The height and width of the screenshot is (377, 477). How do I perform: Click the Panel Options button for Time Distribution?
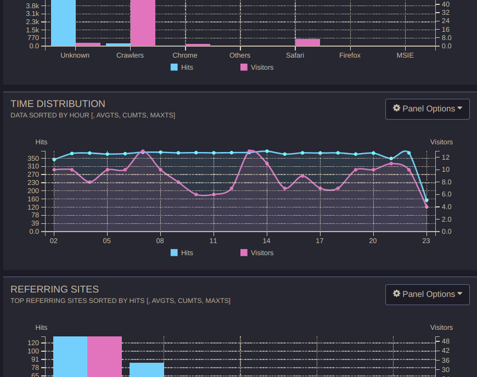pyautogui.click(x=427, y=109)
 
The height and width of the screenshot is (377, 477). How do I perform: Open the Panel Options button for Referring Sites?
pyautogui.click(x=427, y=294)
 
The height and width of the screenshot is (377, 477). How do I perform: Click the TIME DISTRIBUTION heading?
pyautogui.click(x=58, y=104)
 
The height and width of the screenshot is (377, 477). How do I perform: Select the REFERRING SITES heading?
pyautogui.click(x=54, y=289)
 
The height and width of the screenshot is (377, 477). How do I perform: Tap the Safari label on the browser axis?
pyautogui.click(x=295, y=55)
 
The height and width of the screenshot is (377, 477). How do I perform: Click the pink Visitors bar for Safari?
pyautogui.click(x=307, y=42)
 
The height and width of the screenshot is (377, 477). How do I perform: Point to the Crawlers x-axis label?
pyautogui.click(x=130, y=55)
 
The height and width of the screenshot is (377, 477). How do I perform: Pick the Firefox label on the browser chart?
pyautogui.click(x=350, y=55)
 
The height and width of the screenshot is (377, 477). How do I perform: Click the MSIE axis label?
pyautogui.click(x=405, y=55)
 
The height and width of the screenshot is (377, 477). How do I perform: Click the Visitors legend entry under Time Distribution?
pyautogui.click(x=257, y=253)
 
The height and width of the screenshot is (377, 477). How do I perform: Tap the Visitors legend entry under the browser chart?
pyautogui.click(x=257, y=67)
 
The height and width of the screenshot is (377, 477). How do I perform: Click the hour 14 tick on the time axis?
pyautogui.click(x=267, y=241)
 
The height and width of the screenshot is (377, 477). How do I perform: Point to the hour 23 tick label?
pyautogui.click(x=427, y=241)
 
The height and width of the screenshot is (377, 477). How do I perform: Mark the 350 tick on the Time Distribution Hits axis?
pyautogui.click(x=33, y=158)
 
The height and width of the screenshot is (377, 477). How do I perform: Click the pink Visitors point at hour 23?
pyautogui.click(x=427, y=207)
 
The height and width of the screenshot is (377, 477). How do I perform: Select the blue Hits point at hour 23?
pyautogui.click(x=427, y=200)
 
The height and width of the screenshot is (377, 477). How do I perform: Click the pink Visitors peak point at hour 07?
pyautogui.click(x=143, y=151)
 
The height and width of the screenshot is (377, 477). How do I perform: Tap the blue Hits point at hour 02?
pyautogui.click(x=54, y=160)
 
